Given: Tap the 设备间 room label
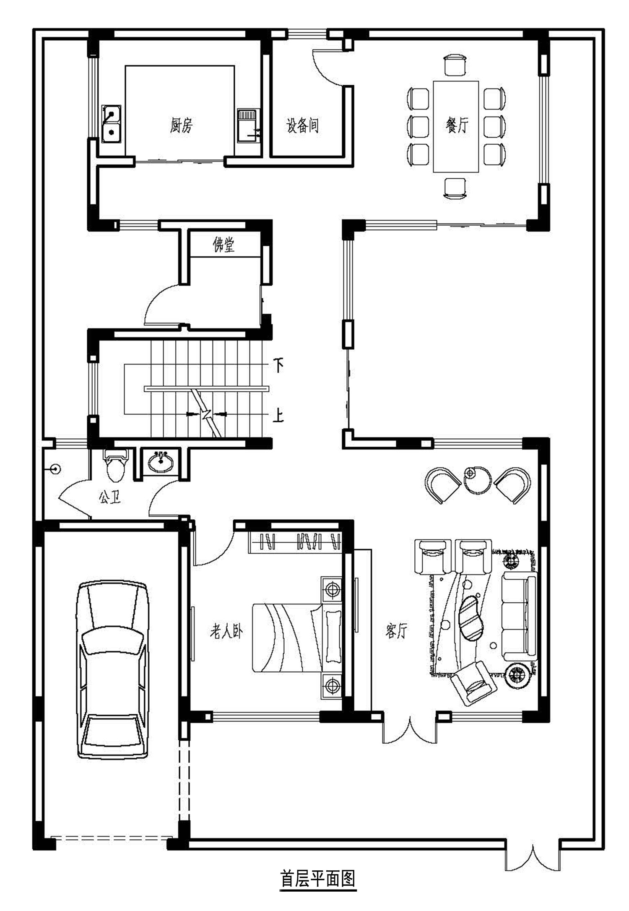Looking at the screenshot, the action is (x=302, y=125).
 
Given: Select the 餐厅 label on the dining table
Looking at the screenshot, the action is (x=457, y=125).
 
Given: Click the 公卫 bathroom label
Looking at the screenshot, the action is (x=109, y=498).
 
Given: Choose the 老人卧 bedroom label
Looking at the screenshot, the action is (x=226, y=631).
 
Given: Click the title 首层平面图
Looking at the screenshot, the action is (x=318, y=879).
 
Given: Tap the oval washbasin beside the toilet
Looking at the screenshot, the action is (x=161, y=463).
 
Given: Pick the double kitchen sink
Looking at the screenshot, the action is (x=111, y=124).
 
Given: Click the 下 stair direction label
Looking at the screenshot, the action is (x=278, y=365).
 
